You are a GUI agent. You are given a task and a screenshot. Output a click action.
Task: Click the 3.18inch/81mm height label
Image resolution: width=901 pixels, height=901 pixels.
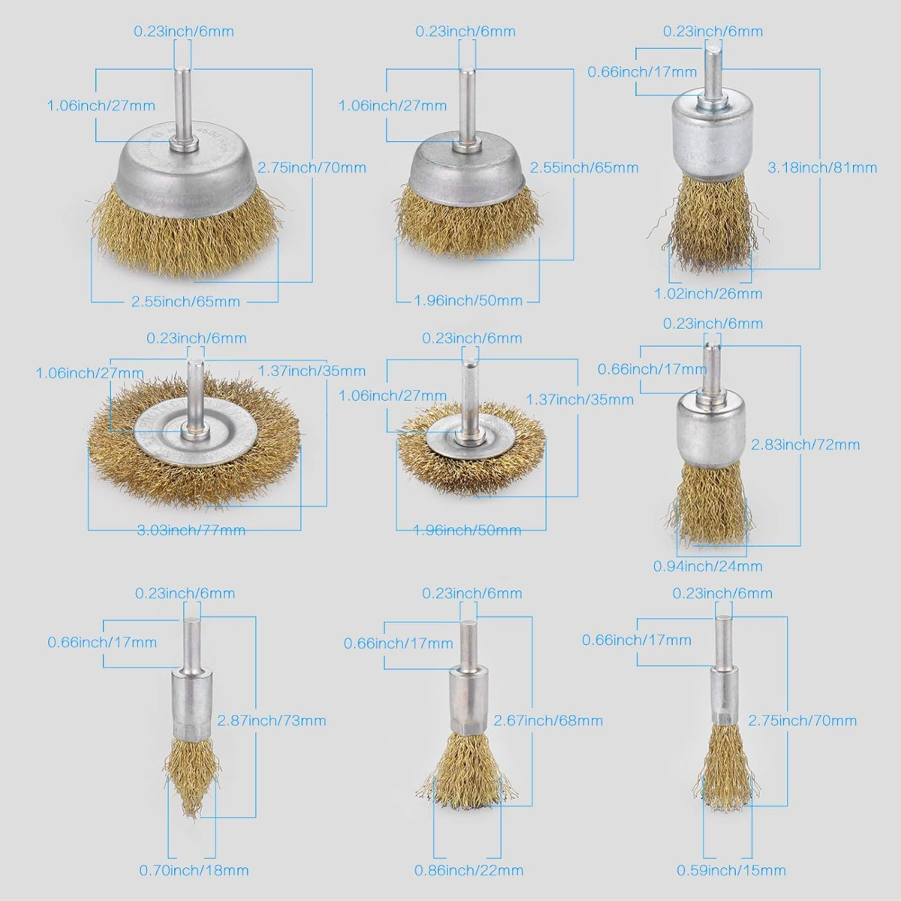[822, 167]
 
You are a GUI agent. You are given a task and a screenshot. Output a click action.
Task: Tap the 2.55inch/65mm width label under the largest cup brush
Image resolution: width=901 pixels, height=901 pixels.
[185, 301]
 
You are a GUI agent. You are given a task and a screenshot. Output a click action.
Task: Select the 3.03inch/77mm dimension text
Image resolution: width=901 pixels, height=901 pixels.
[191, 530]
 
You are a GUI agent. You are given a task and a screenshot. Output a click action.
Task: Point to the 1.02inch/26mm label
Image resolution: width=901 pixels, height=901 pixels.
[708, 294]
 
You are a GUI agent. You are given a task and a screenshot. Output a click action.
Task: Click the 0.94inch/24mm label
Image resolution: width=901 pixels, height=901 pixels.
[708, 566]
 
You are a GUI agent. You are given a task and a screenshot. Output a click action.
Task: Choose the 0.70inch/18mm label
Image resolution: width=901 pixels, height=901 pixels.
[194, 870]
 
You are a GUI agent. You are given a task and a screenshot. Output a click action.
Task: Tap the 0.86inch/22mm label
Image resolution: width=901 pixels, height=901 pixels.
[469, 870]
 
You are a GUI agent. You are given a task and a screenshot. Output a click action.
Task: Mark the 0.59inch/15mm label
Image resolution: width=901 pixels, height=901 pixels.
[731, 870]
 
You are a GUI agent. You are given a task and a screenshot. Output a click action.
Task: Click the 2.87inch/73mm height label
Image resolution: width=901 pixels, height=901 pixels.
[272, 720]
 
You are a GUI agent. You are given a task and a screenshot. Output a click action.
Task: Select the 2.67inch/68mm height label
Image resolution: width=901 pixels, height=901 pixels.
[548, 720]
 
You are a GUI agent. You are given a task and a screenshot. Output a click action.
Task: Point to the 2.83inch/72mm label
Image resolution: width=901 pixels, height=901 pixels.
[806, 444]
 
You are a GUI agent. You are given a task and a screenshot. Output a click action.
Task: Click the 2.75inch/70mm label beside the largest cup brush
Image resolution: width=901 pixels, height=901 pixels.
[312, 167]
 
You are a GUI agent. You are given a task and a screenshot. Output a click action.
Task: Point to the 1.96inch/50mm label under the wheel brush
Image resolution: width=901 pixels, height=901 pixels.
[467, 530]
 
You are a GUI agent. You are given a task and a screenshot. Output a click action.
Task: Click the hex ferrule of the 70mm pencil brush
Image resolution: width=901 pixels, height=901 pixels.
[725, 719]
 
